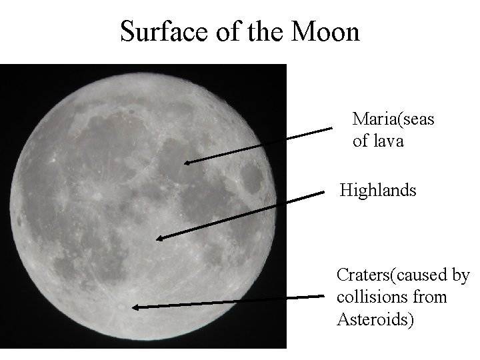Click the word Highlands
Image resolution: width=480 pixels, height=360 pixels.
[378, 191]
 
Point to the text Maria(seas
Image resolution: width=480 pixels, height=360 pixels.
[393, 119]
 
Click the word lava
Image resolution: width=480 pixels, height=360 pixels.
[389, 141]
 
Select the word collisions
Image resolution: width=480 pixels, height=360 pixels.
[374, 297]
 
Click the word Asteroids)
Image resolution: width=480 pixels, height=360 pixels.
[375, 319]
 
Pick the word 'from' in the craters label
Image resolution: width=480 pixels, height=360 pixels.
[430, 297]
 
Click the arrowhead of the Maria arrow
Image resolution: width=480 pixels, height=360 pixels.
[187, 161]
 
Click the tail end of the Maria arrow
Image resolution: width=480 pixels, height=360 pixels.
[332, 128]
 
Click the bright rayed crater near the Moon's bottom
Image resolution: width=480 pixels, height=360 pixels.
[119, 307]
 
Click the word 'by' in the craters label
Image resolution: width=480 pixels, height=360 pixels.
[461, 275]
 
